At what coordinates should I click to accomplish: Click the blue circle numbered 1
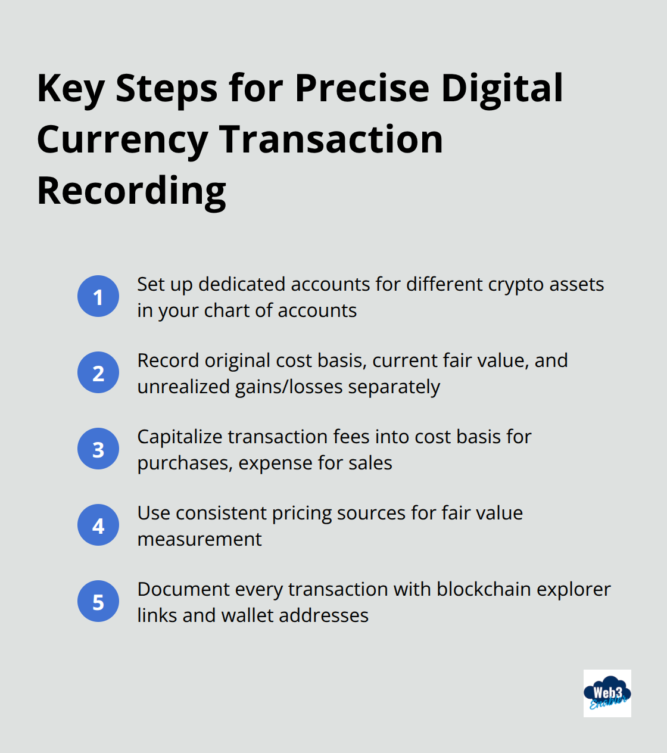[x=98, y=296]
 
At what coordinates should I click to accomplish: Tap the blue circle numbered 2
[x=98, y=372]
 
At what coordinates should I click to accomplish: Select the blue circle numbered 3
[x=98, y=449]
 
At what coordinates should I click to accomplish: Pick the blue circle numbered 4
[x=98, y=525]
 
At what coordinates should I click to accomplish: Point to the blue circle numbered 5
[x=98, y=601]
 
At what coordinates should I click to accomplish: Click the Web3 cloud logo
[x=607, y=693]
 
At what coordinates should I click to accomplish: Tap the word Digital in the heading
[x=501, y=88]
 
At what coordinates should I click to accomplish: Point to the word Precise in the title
[x=361, y=88]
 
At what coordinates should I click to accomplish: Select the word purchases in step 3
[x=184, y=463]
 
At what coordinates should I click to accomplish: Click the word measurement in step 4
[x=200, y=539]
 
